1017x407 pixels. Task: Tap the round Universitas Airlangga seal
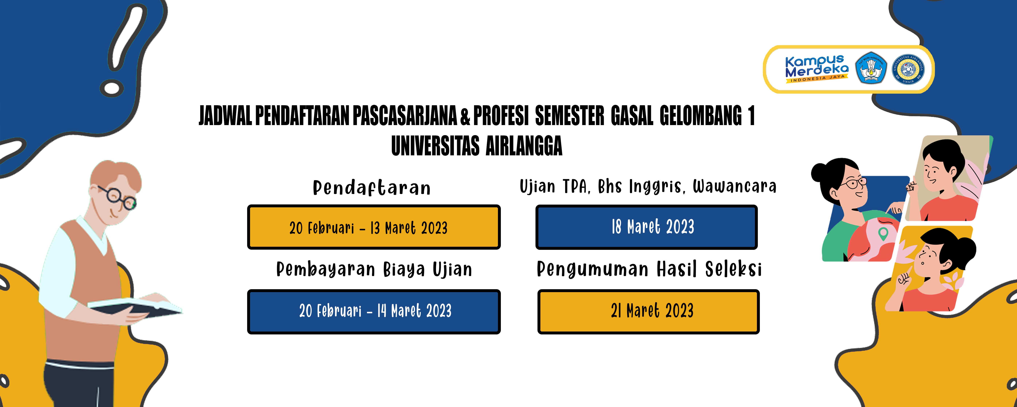908,69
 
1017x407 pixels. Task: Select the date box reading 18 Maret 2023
646,227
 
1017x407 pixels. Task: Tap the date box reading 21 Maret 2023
648,311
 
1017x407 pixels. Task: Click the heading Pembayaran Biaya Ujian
374,270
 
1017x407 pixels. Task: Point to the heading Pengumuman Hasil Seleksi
649,270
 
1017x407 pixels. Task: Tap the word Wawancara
734,187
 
